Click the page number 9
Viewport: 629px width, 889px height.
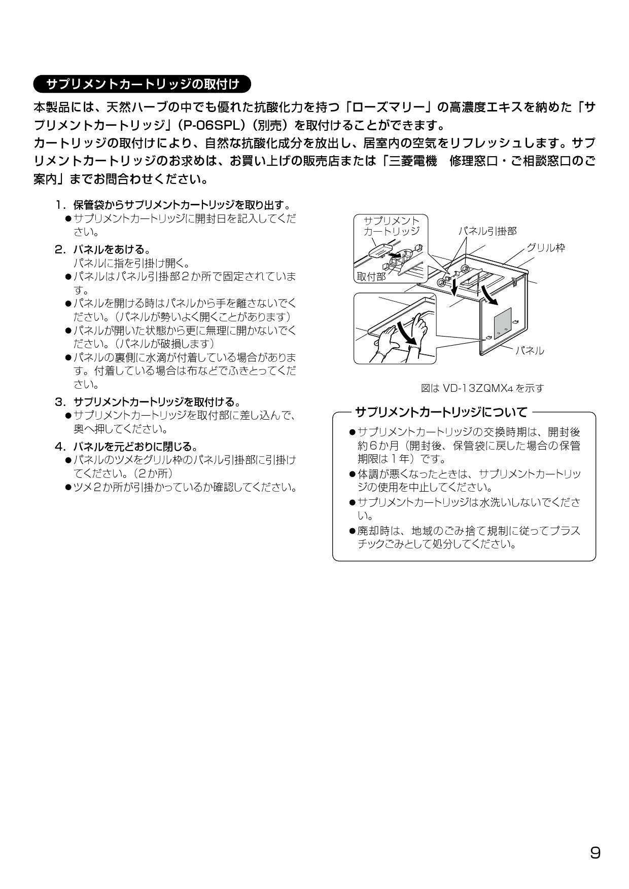[595, 853]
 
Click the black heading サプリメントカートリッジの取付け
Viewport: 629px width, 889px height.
[142, 84]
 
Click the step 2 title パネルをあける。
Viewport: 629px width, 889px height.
[112, 249]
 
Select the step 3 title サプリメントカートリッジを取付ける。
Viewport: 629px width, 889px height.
[157, 402]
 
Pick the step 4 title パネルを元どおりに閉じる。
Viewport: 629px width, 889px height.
[135, 447]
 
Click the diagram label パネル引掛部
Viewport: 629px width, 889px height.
[487, 231]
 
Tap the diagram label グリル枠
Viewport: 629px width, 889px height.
[546, 248]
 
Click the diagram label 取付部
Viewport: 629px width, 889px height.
[371, 276]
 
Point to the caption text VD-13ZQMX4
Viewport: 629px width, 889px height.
[478, 389]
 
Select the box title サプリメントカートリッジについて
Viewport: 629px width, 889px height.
[441, 412]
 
